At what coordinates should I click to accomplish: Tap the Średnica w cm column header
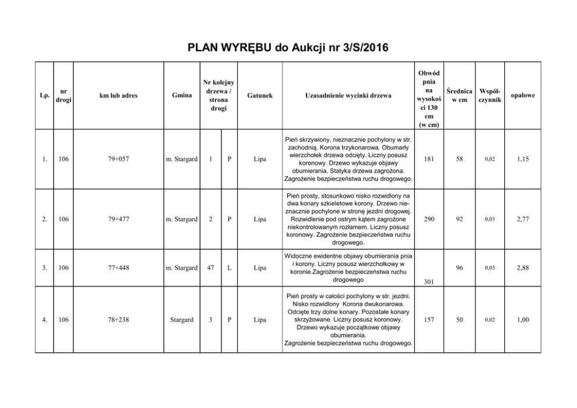(459, 95)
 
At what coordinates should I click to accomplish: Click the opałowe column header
(523, 95)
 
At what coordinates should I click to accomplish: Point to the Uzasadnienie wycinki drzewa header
(348, 95)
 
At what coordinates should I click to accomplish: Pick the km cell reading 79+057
(118, 159)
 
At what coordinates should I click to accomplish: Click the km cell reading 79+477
(118, 219)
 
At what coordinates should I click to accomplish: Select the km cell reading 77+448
(118, 268)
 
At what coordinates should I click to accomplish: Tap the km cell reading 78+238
(118, 319)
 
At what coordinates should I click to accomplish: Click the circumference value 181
(428, 158)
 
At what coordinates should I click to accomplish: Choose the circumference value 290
(428, 219)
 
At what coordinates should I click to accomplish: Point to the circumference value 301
(428, 282)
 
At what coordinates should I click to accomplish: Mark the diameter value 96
(459, 268)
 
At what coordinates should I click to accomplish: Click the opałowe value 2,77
(523, 219)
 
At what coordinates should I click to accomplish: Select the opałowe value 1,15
(523, 159)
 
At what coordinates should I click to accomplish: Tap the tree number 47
(211, 268)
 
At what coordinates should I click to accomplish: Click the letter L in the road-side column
(230, 268)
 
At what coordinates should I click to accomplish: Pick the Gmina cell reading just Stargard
(181, 319)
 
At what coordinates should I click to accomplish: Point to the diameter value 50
(459, 319)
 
